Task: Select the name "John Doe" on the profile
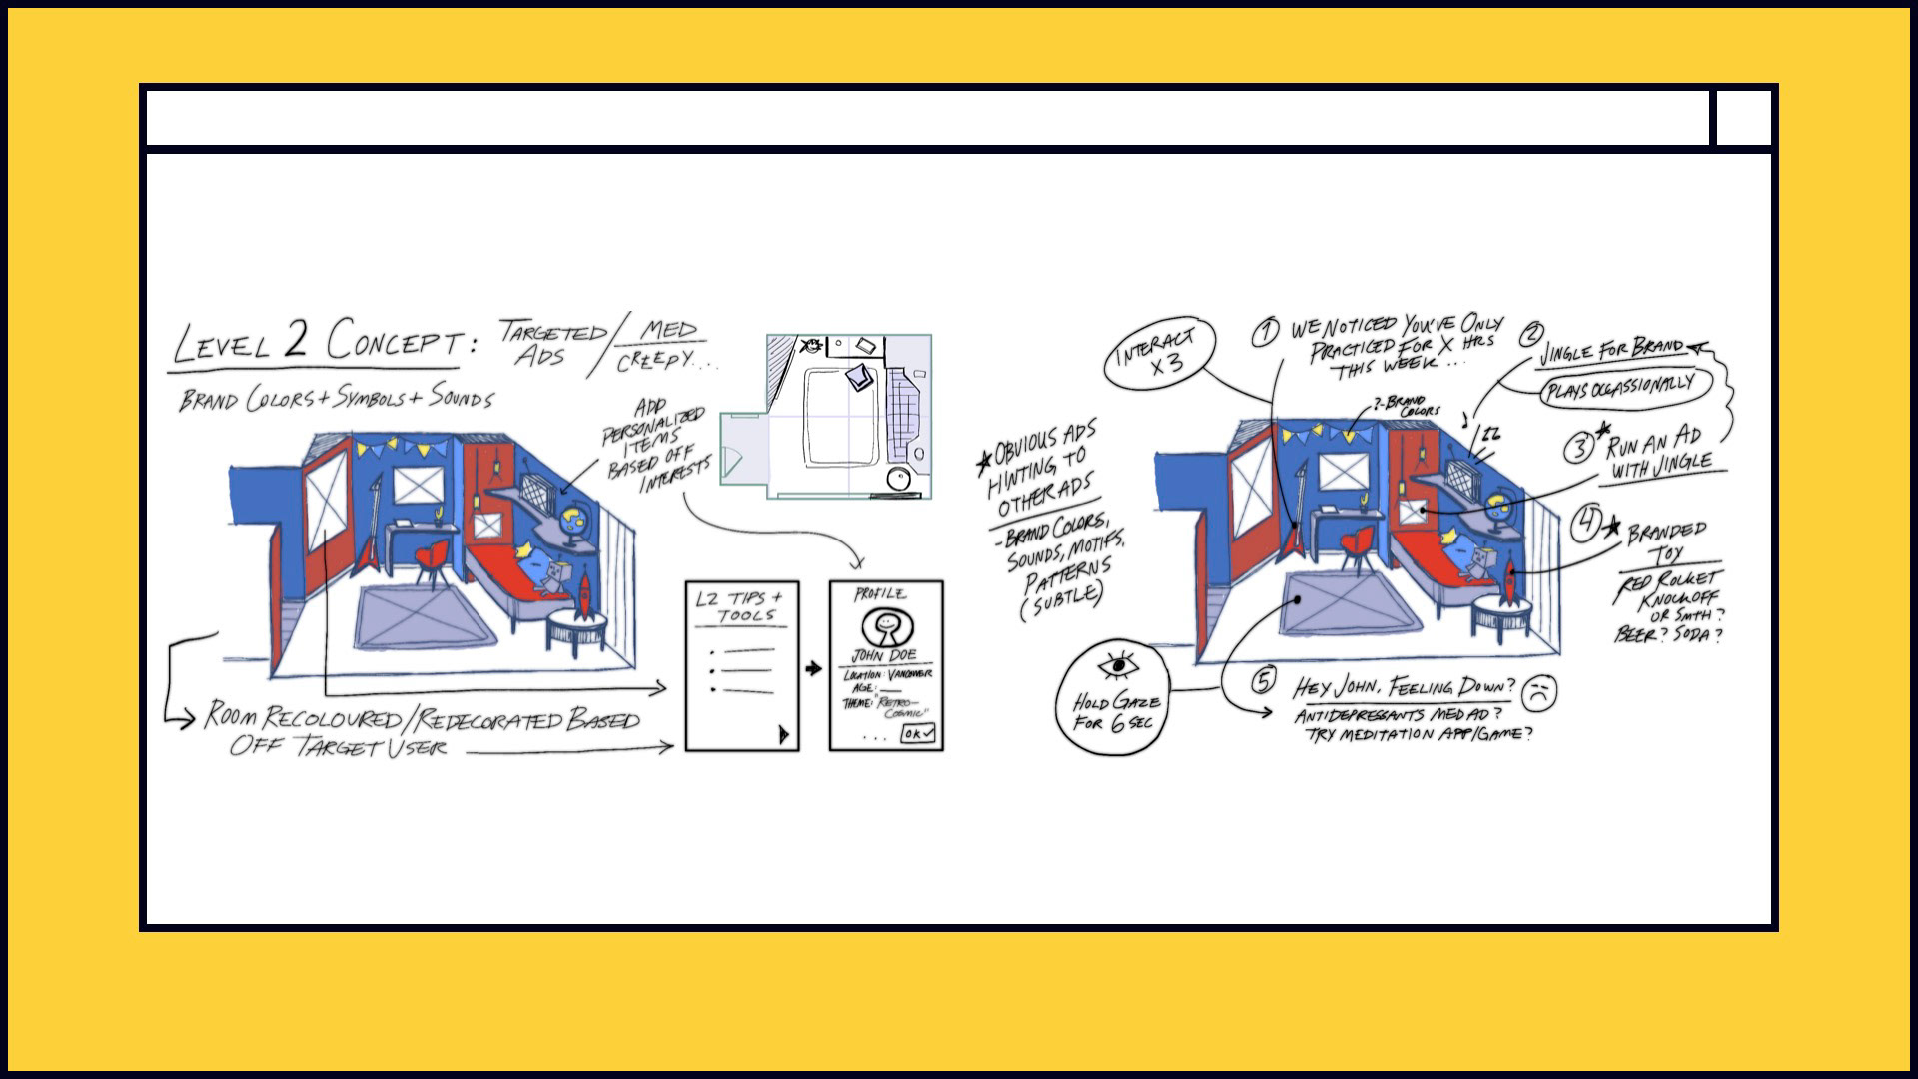coord(882,655)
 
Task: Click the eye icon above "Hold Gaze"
coord(1118,666)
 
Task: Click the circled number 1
coord(1266,332)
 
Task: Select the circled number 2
coord(1532,335)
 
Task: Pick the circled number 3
coord(1579,447)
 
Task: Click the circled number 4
coord(1586,525)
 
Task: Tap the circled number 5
coord(1264,681)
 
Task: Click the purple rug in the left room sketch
coord(425,617)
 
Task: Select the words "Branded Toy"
coord(1666,540)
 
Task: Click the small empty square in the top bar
coord(1743,118)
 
